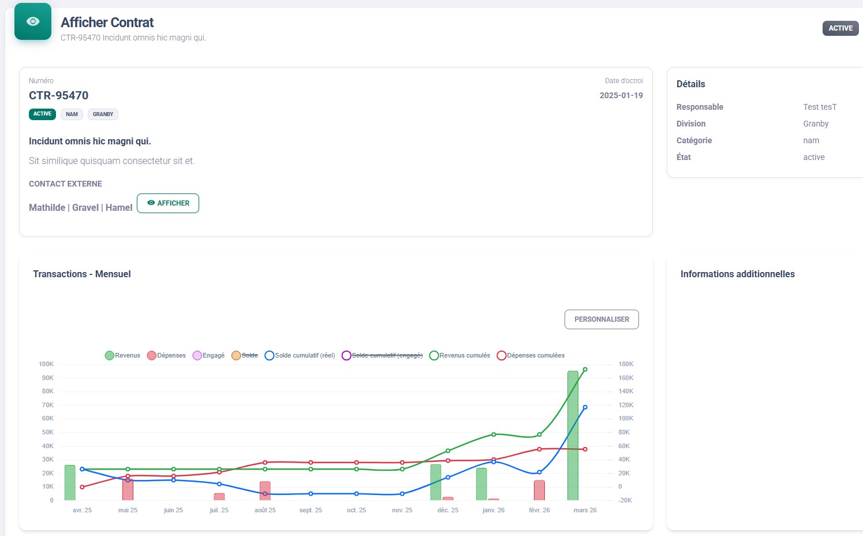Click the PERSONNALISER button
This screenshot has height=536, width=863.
coord(602,319)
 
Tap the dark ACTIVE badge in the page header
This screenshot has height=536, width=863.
coord(840,28)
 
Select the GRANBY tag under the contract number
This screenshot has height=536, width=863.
coord(103,114)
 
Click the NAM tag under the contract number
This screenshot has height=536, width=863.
coord(72,114)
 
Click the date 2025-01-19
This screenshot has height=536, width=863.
coord(621,95)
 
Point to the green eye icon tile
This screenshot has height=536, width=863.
coord(33,21)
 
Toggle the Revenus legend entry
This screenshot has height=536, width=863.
coord(122,355)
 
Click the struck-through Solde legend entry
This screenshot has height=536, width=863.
coord(245,355)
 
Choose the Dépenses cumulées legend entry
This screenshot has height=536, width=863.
coord(530,355)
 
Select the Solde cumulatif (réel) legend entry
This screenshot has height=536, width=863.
coord(300,355)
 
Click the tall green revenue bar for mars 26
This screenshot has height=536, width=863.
coord(573,435)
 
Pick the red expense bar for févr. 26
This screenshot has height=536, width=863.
coord(539,490)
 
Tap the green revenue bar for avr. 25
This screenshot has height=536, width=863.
coord(70,483)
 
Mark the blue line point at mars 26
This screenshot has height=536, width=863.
coord(585,407)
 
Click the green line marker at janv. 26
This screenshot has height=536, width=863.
coord(494,434)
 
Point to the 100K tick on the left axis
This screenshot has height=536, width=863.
coord(46,364)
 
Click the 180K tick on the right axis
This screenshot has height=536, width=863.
coord(626,364)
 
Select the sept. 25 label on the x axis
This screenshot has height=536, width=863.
coord(311,510)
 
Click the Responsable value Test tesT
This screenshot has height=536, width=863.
coord(820,107)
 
